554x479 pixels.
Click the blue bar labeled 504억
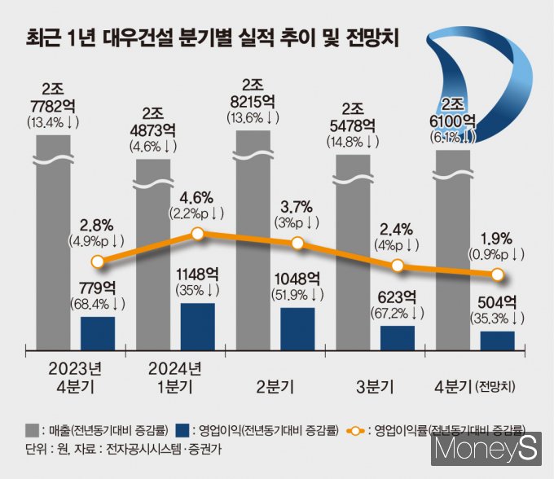[498, 338]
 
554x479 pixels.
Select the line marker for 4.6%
[198, 235]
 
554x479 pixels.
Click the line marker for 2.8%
[98, 261]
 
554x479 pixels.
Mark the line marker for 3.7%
[297, 243]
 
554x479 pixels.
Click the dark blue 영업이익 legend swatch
[184, 428]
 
